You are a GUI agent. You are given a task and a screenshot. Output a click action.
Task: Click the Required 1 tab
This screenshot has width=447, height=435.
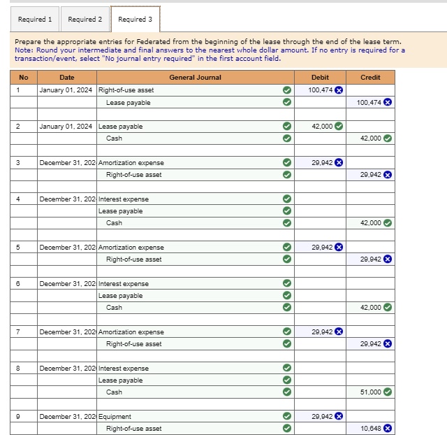point(35,20)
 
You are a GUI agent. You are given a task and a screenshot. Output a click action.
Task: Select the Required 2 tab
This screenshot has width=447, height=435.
point(85,20)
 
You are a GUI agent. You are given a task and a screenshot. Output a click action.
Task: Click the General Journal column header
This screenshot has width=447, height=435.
point(195,78)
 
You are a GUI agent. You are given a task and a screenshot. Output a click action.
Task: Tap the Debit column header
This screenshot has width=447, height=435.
point(320,78)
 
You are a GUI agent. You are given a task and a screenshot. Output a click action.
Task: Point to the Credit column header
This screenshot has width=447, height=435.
point(370,78)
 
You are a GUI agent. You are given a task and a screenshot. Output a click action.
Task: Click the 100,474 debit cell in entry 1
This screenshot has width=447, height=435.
point(321,90)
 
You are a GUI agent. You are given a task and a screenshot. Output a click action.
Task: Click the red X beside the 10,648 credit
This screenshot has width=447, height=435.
point(388,429)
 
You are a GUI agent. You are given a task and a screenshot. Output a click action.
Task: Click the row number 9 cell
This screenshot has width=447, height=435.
point(24,417)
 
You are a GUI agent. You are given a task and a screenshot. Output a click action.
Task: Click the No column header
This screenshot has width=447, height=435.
point(24,78)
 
